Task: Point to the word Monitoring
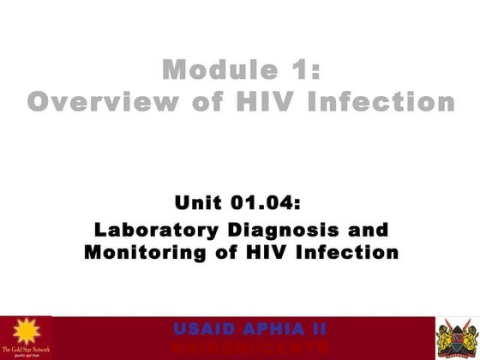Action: coord(141,253)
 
